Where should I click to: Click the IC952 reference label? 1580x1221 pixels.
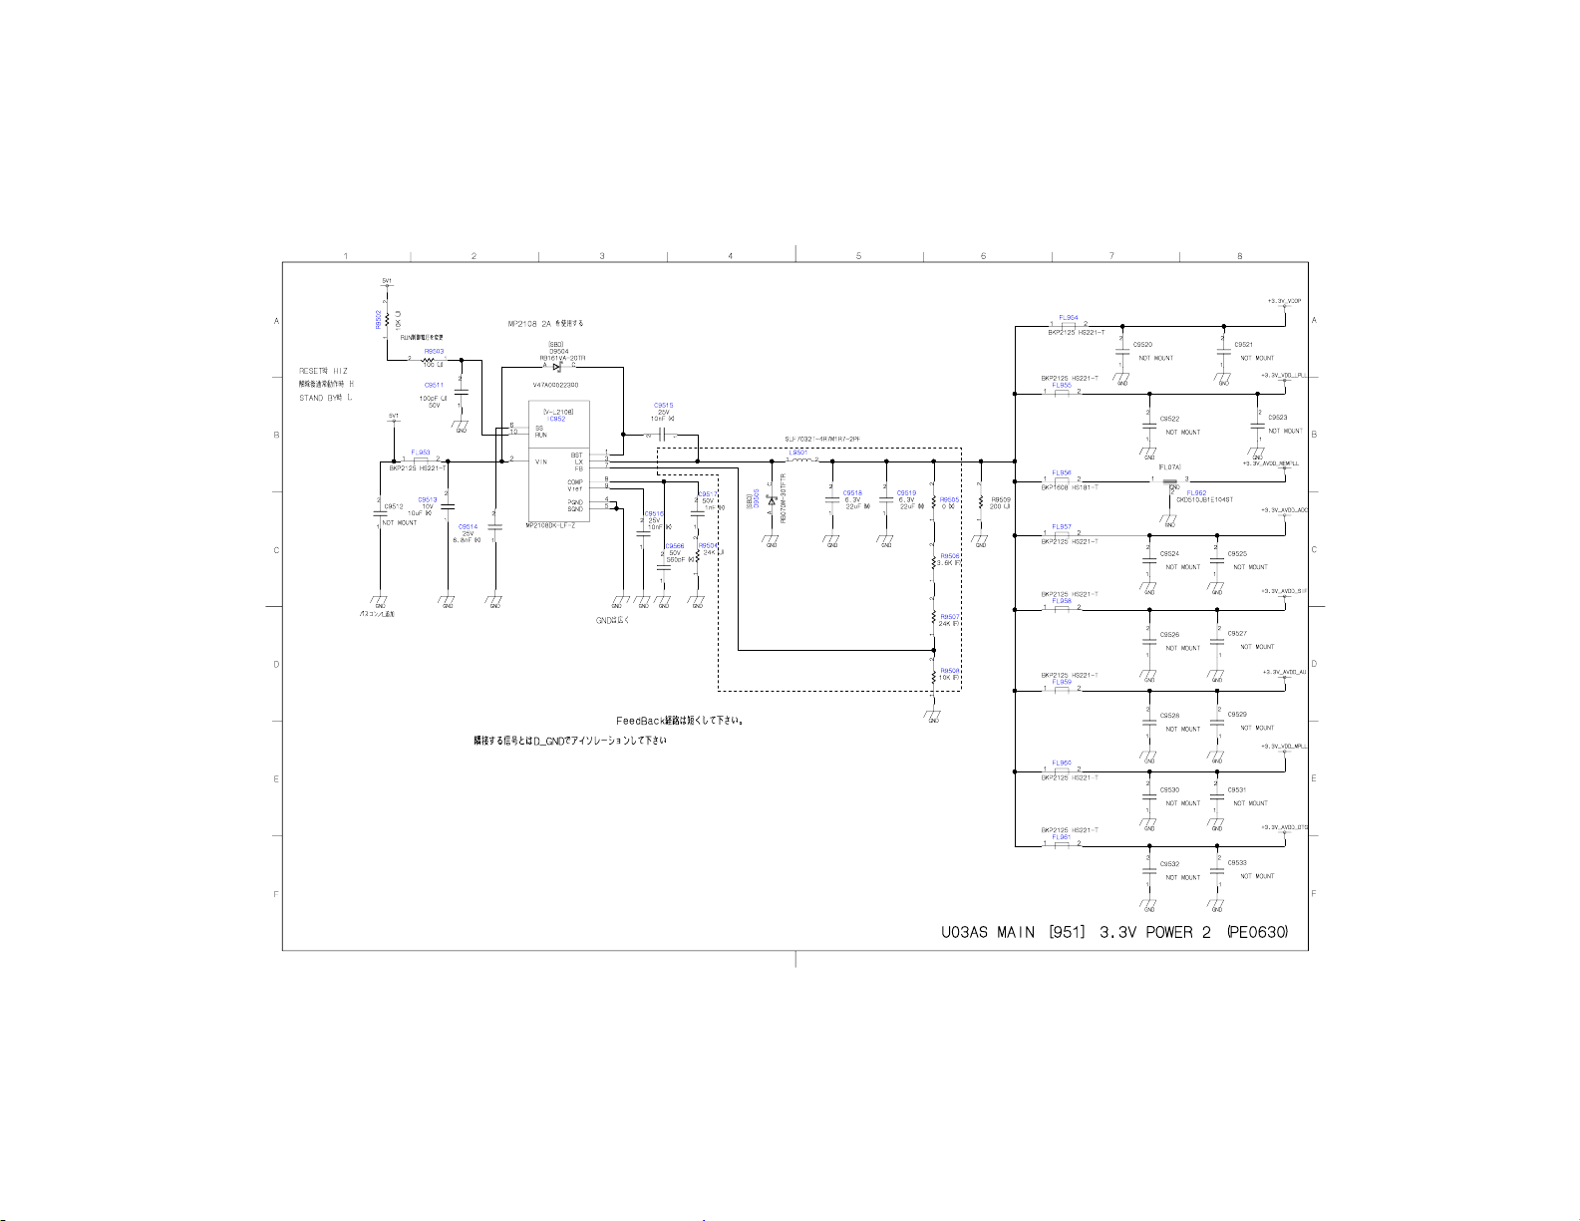click(556, 419)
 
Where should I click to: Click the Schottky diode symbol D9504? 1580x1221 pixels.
click(557, 366)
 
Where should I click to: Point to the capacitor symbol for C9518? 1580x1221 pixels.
click(832, 500)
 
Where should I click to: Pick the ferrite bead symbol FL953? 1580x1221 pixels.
click(421, 460)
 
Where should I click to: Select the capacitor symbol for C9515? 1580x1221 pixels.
click(662, 436)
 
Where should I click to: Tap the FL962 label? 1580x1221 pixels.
click(1196, 493)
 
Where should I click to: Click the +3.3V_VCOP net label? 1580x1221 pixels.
click(1284, 300)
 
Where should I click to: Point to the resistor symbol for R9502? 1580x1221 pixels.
click(387, 319)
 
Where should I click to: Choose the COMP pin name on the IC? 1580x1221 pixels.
click(575, 482)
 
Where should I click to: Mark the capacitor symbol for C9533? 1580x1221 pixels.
click(1217, 871)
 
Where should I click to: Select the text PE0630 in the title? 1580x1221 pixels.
click(1258, 933)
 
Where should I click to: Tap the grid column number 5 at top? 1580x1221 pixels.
click(858, 256)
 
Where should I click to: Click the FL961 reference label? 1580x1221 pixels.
click(1061, 837)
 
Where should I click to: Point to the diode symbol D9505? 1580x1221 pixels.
click(772, 500)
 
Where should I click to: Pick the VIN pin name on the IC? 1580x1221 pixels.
click(541, 461)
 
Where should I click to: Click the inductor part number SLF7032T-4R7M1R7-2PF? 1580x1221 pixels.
click(821, 439)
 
